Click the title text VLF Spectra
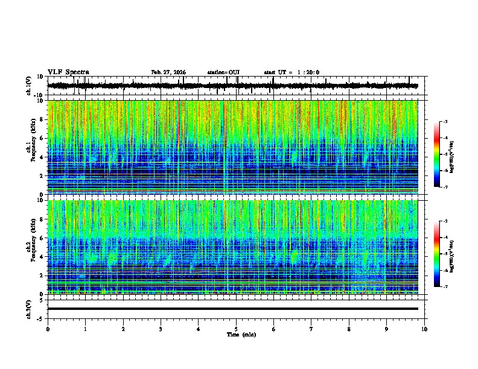pyautogui.click(x=68, y=72)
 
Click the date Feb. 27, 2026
pyautogui.click(x=168, y=72)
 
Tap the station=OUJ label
pyautogui.click(x=223, y=72)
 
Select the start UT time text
pyautogui.click(x=292, y=72)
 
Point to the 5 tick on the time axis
pyautogui.click(x=236, y=329)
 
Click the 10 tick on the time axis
pyautogui.click(x=424, y=329)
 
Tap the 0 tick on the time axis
pyautogui.click(x=48, y=329)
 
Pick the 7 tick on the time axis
pyautogui.click(x=311, y=329)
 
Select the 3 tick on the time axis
pyautogui.click(x=161, y=329)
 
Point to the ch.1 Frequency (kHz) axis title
pyautogui.click(x=30, y=148)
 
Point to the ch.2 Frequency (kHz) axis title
pyautogui.click(x=30, y=247)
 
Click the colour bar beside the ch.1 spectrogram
pyautogui.click(x=436, y=154)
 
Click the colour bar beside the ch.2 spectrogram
pyautogui.click(x=436, y=254)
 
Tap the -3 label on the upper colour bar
pyautogui.click(x=445, y=122)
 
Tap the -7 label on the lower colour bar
pyautogui.click(x=445, y=287)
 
